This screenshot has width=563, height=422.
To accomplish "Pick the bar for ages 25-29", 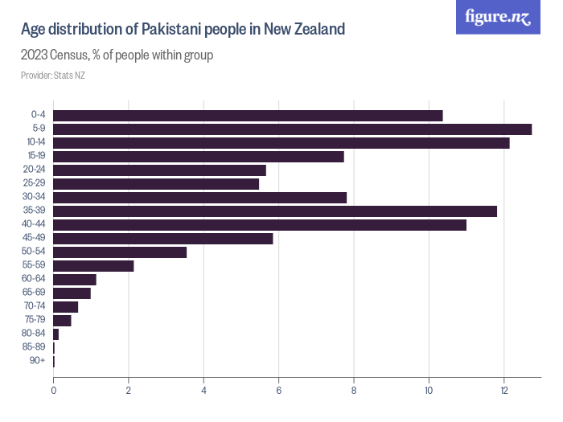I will pyautogui.click(x=156, y=184).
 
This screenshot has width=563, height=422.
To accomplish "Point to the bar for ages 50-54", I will pyautogui.click(x=120, y=252).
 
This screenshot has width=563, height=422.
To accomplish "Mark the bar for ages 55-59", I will pyautogui.click(x=93, y=266).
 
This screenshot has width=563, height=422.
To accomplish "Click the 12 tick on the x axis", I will pyautogui.click(x=504, y=391).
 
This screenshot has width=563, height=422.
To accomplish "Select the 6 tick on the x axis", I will pyautogui.click(x=279, y=391).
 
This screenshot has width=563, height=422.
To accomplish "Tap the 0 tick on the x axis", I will pyautogui.click(x=53, y=391).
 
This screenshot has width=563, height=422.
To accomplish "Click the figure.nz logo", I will pyautogui.click(x=498, y=17).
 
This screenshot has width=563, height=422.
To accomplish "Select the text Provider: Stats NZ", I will pyautogui.click(x=53, y=76).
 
